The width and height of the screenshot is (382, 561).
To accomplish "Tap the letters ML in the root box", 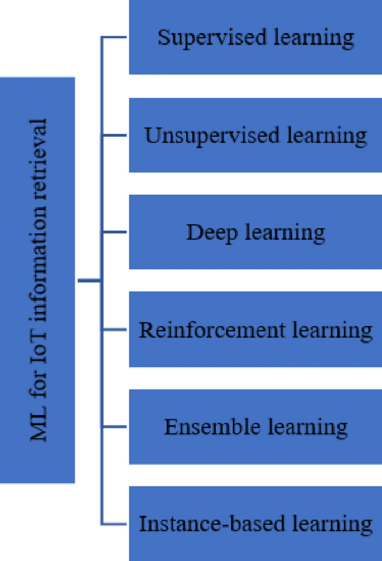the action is point(38,427).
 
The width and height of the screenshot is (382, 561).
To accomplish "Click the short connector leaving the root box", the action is point(89,280).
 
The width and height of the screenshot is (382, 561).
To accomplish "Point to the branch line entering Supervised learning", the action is point(114,38).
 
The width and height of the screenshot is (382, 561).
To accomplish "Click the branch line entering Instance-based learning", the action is point(114,524).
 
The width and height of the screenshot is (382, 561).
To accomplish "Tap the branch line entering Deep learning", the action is point(114,232).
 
